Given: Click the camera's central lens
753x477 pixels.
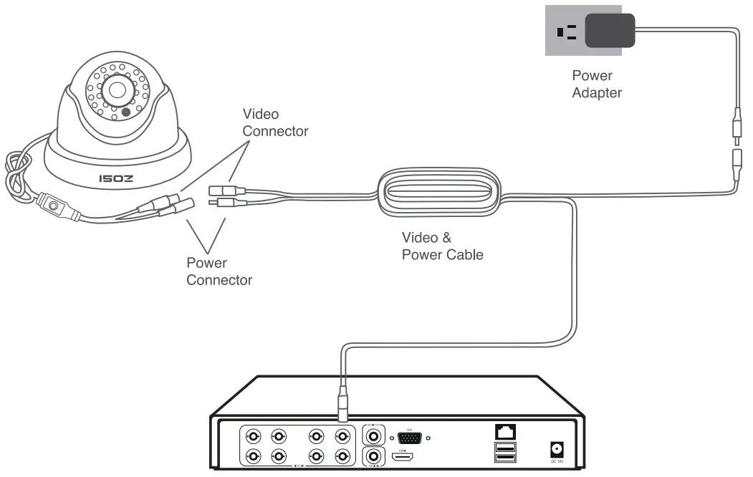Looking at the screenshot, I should coord(117,89).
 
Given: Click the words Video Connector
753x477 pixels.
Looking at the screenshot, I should coord(275,122).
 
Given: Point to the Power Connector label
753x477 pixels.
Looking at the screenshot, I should coord(219,271).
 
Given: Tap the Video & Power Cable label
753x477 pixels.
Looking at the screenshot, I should coord(442,246).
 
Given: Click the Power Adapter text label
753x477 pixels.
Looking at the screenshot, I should coord(596,84).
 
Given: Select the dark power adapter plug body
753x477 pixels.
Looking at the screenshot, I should coord(610,32).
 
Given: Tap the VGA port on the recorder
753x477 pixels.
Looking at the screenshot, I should coord(409,437).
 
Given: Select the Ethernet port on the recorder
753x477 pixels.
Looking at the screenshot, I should coord(504,432).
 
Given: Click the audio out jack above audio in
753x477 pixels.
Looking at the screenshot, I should coord(373,435).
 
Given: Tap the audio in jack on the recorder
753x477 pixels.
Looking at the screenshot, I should coord(373,456).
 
